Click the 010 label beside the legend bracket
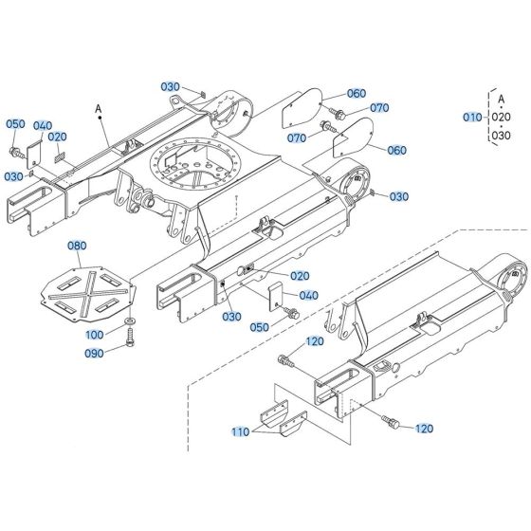tap(472, 117)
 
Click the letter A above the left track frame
tap(98, 111)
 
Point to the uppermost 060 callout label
tap(356, 93)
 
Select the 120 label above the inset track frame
tap(314, 340)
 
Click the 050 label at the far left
tap(16, 124)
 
